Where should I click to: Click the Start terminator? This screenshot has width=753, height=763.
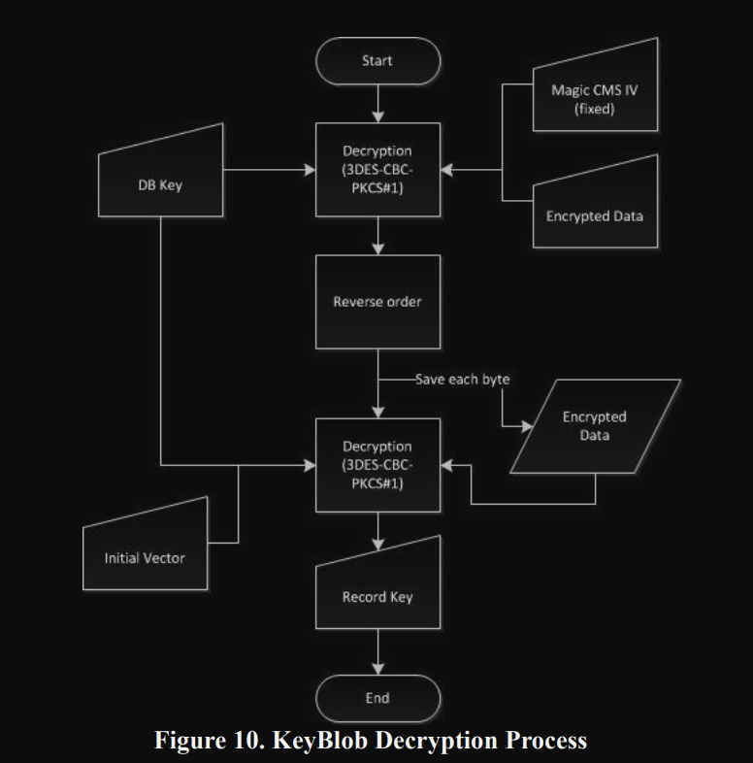coord(377,60)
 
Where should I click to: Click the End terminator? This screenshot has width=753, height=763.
coord(377,698)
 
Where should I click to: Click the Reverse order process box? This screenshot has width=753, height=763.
coord(377,301)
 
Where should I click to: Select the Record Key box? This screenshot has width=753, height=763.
coord(377,593)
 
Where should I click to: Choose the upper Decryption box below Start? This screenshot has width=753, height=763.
coord(377,170)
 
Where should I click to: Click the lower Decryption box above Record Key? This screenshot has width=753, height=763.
coord(377,465)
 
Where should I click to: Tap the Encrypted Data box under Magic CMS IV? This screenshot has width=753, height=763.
coord(595,213)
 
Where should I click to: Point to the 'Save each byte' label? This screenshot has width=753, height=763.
coord(462,380)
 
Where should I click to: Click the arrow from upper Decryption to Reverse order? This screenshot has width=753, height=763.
coord(377,236)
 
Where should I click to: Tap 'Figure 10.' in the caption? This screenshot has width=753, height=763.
coord(207,741)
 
